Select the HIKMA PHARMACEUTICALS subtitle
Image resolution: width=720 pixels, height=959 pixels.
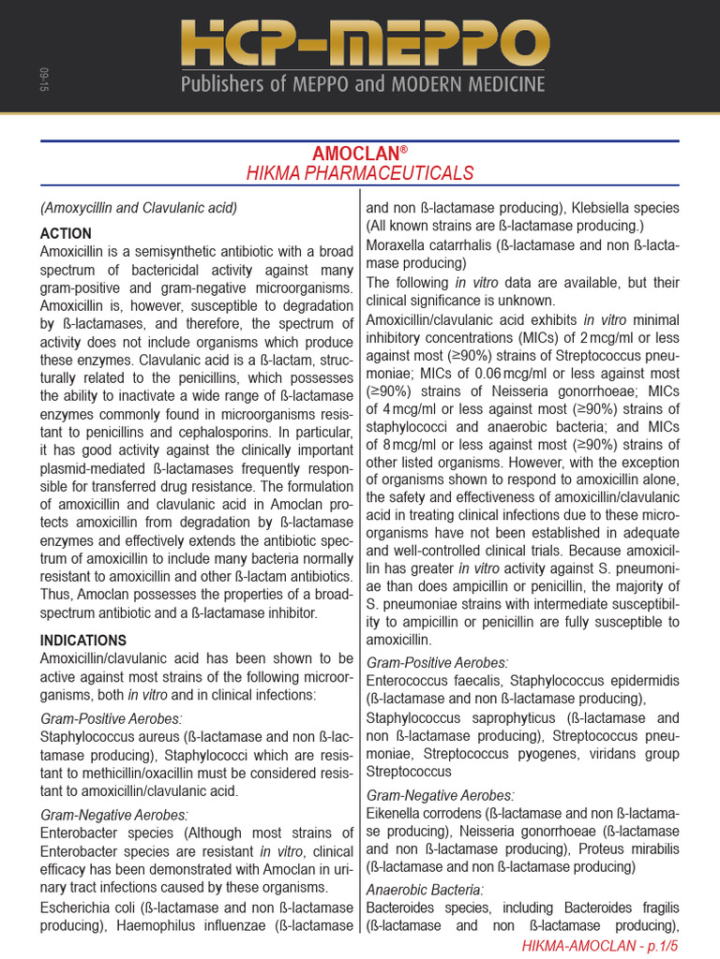coord(360,173)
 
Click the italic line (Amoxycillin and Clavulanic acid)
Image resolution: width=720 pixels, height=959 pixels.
coord(139,207)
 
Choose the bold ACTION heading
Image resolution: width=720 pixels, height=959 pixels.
coord(66,233)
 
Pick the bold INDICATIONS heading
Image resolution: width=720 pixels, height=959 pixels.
coord(83,641)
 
